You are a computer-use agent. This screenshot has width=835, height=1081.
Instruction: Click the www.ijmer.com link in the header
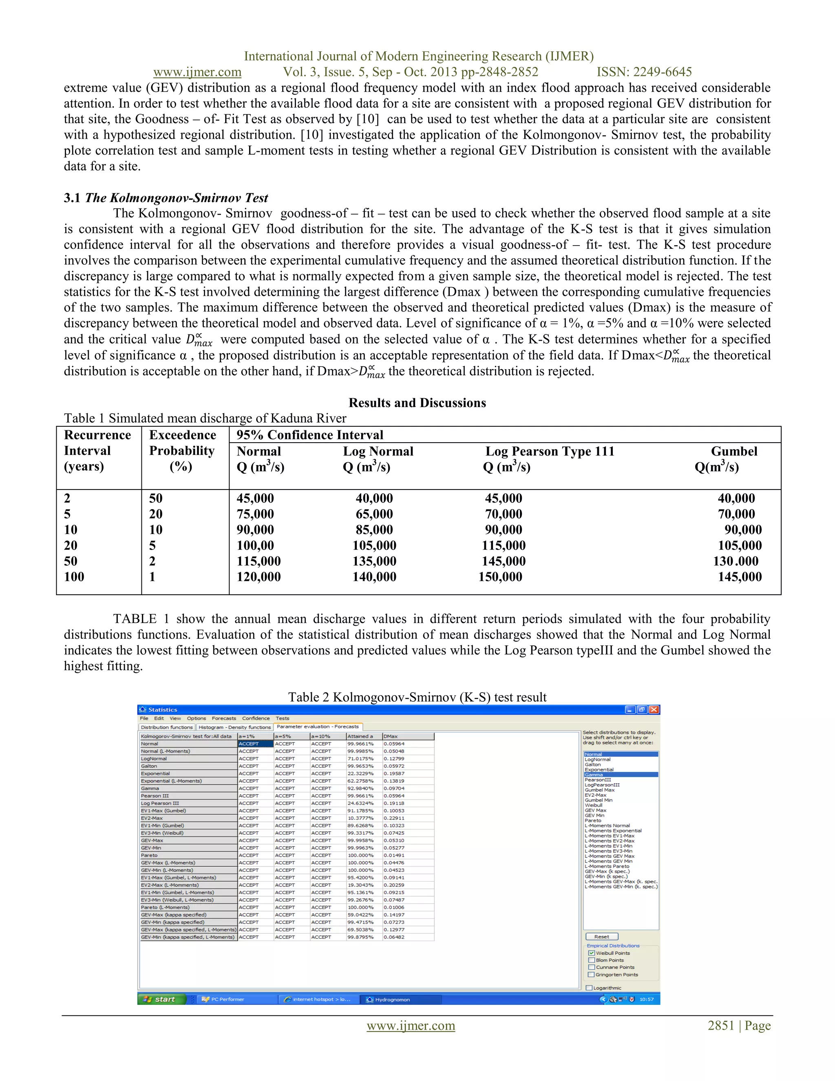tap(197, 72)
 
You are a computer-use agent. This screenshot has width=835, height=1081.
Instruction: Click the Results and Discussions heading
tap(417, 403)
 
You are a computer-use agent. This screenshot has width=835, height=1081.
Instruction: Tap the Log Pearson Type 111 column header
tap(549, 452)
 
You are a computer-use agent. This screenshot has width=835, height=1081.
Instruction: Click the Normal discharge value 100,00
tap(255, 545)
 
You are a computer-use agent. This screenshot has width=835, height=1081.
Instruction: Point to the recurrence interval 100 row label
tap(74, 577)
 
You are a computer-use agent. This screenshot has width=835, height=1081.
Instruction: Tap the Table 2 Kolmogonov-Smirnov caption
tap(417, 698)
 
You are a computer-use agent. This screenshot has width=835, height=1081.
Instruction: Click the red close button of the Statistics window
tap(654, 710)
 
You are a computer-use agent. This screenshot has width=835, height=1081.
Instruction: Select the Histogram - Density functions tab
tap(234, 727)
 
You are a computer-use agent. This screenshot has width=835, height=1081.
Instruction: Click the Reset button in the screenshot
tap(601, 937)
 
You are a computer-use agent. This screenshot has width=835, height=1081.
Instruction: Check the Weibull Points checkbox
tap(591, 953)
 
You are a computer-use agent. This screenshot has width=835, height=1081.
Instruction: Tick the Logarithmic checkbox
tap(589, 988)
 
